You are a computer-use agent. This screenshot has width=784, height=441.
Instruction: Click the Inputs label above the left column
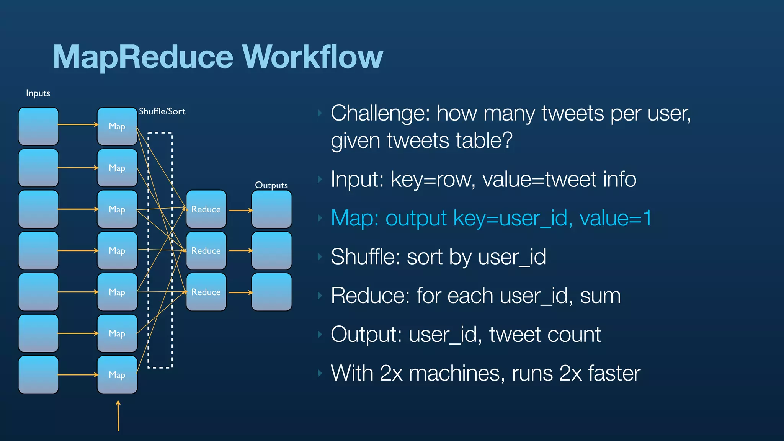click(38, 93)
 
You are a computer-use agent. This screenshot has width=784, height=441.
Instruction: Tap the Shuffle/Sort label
click(162, 111)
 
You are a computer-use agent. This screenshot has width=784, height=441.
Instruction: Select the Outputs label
click(271, 185)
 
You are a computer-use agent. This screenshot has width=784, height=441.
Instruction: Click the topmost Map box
click(117, 126)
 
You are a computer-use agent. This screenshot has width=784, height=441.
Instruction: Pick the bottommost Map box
click(117, 375)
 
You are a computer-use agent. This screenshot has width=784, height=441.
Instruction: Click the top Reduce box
click(206, 209)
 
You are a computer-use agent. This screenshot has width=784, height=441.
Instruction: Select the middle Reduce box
click(206, 251)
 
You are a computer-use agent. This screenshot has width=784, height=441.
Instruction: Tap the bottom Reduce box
click(206, 292)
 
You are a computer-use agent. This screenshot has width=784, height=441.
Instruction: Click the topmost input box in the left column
click(38, 126)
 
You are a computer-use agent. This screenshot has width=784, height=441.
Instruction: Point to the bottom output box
click(271, 292)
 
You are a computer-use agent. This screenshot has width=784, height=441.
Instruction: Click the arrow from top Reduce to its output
click(240, 210)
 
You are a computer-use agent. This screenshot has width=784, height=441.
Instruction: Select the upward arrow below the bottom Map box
click(118, 415)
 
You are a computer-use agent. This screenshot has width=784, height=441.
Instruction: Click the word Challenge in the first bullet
click(381, 114)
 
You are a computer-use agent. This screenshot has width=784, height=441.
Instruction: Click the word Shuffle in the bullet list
click(365, 256)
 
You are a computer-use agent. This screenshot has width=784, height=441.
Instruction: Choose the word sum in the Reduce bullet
click(600, 296)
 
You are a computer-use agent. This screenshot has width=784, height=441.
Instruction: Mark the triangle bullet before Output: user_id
click(320, 335)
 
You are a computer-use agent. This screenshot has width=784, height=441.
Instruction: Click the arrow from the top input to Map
click(78, 124)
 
